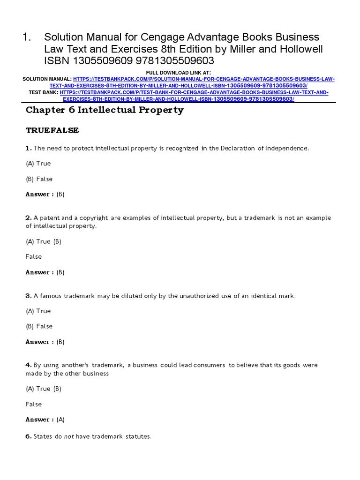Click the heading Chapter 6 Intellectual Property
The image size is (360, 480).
click(x=105, y=110)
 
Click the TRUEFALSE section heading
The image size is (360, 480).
click(x=52, y=130)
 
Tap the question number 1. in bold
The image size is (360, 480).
click(x=28, y=148)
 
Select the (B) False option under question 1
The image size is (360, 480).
click(x=39, y=179)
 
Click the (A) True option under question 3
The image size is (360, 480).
click(x=38, y=311)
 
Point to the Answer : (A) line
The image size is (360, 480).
click(x=45, y=420)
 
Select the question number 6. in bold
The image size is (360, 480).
click(x=28, y=436)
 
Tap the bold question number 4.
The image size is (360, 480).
click(x=28, y=365)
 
